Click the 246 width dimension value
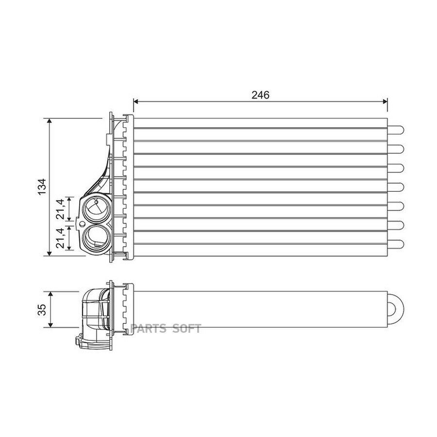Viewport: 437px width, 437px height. click(261, 95)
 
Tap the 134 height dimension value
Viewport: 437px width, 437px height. click(42, 187)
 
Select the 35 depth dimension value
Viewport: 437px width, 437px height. click(42, 310)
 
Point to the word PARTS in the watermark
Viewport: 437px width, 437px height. click(148, 329)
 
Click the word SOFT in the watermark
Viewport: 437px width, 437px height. click(186, 329)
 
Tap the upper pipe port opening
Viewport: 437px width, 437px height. click(95, 209)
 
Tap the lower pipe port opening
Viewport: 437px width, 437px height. click(95, 238)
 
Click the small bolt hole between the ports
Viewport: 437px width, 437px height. click(82, 223)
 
